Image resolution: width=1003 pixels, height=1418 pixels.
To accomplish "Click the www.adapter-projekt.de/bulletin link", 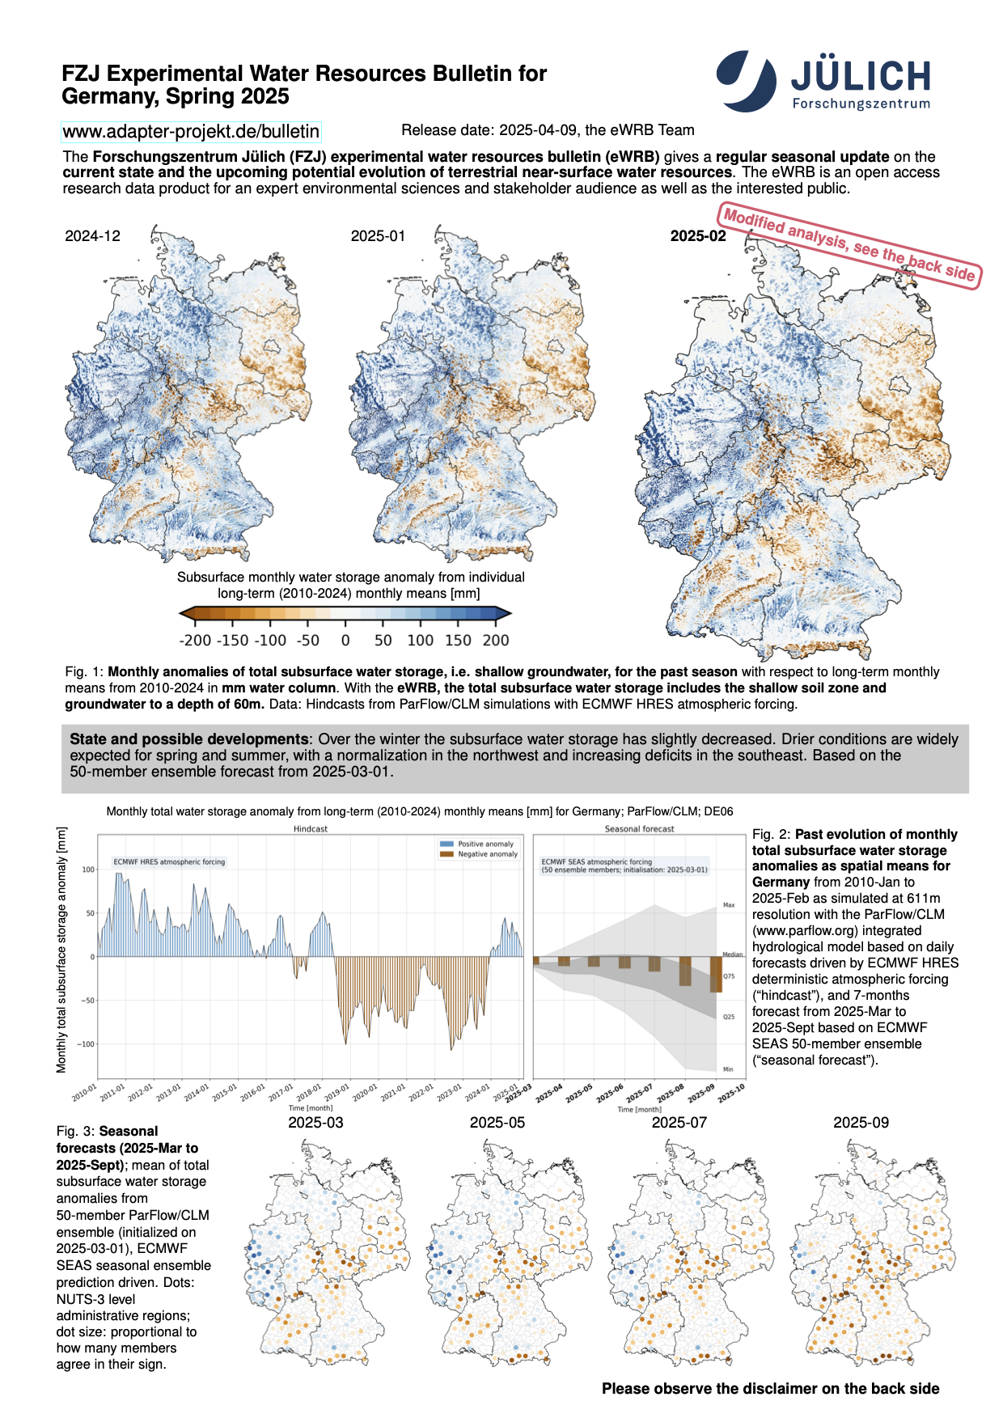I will click(191, 131).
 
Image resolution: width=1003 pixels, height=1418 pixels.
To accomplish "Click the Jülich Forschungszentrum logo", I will click(823, 81).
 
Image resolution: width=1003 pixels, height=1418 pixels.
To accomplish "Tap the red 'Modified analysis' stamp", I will click(849, 246).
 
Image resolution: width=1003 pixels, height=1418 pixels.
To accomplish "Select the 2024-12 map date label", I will click(92, 236).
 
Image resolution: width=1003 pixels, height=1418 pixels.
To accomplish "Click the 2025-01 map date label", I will click(378, 236).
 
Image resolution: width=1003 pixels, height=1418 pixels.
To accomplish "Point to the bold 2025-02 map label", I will click(698, 236).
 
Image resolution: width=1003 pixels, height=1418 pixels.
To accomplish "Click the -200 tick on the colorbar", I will click(195, 640).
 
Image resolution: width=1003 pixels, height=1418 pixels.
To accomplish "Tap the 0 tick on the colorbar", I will click(345, 640).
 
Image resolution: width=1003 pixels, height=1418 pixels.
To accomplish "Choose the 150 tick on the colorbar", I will click(458, 640).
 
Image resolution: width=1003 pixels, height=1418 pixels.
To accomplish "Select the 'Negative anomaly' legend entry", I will click(487, 854).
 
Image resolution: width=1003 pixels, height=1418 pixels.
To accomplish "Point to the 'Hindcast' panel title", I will click(311, 829).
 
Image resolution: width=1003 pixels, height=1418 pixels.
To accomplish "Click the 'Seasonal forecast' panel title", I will click(639, 829).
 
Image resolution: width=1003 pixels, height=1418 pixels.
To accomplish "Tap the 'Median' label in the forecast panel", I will click(732, 955).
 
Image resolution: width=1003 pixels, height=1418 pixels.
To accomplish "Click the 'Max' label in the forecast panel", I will click(729, 905).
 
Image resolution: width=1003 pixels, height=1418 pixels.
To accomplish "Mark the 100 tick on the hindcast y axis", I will click(88, 870).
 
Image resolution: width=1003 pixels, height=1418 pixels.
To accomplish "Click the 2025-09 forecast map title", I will click(861, 1123).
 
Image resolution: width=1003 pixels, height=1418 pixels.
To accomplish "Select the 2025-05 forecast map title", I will click(497, 1123).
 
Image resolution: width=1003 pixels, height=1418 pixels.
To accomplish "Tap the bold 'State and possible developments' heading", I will click(188, 739).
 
